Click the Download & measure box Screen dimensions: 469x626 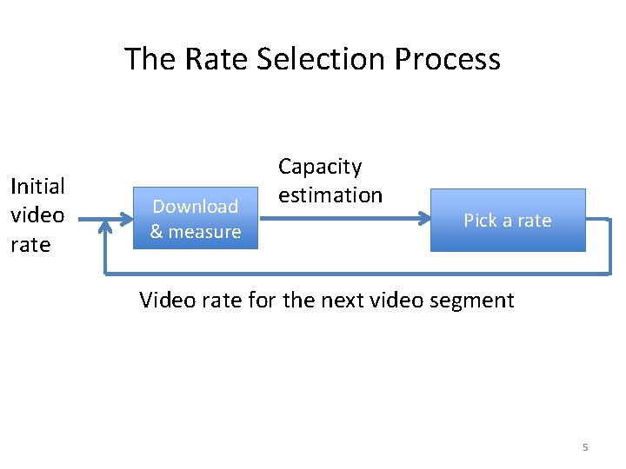pyautogui.click(x=196, y=219)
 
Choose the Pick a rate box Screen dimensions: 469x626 pyautogui.click(x=508, y=220)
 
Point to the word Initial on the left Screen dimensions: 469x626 pyautogui.click(x=37, y=186)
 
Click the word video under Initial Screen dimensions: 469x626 pyautogui.click(x=37, y=215)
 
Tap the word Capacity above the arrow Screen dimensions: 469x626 pyautogui.click(x=320, y=166)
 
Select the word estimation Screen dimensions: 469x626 pyautogui.click(x=330, y=195)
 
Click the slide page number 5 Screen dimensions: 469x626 pyautogui.click(x=585, y=447)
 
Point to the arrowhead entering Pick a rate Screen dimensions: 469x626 pyautogui.click(x=423, y=219)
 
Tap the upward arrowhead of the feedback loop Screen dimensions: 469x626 pyautogui.click(x=105, y=227)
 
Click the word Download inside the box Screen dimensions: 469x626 pyautogui.click(x=196, y=207)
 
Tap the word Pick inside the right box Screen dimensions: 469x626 pyautogui.click(x=480, y=221)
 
